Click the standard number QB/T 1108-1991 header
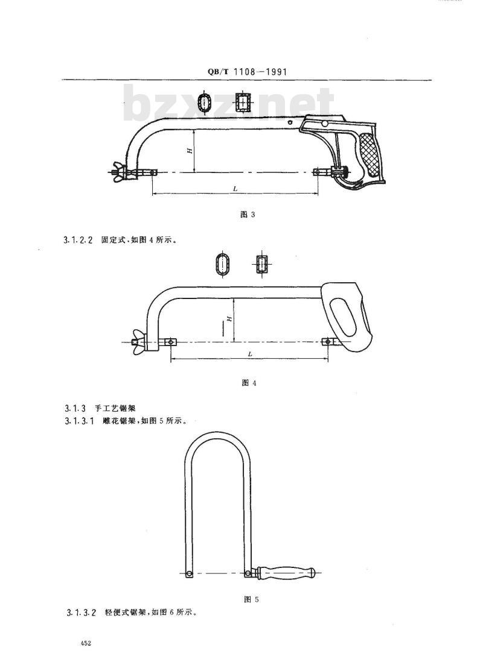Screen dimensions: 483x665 (x=247, y=72)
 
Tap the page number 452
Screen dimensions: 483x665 (x=85, y=643)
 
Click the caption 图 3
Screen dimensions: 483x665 (x=248, y=214)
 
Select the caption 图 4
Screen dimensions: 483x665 (x=249, y=383)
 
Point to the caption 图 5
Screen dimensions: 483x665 (x=252, y=599)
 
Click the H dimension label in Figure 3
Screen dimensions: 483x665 (x=191, y=151)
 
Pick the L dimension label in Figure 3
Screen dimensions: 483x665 (x=235, y=189)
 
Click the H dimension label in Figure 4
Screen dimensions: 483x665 (x=229, y=318)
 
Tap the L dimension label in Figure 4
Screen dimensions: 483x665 (x=250, y=354)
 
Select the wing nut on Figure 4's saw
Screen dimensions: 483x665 (x=137, y=341)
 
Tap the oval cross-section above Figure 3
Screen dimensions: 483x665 (x=206, y=102)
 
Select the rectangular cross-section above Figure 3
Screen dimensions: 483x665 (x=243, y=102)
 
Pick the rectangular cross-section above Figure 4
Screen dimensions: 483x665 (x=261, y=265)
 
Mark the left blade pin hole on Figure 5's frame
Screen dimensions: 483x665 (x=188, y=574)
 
